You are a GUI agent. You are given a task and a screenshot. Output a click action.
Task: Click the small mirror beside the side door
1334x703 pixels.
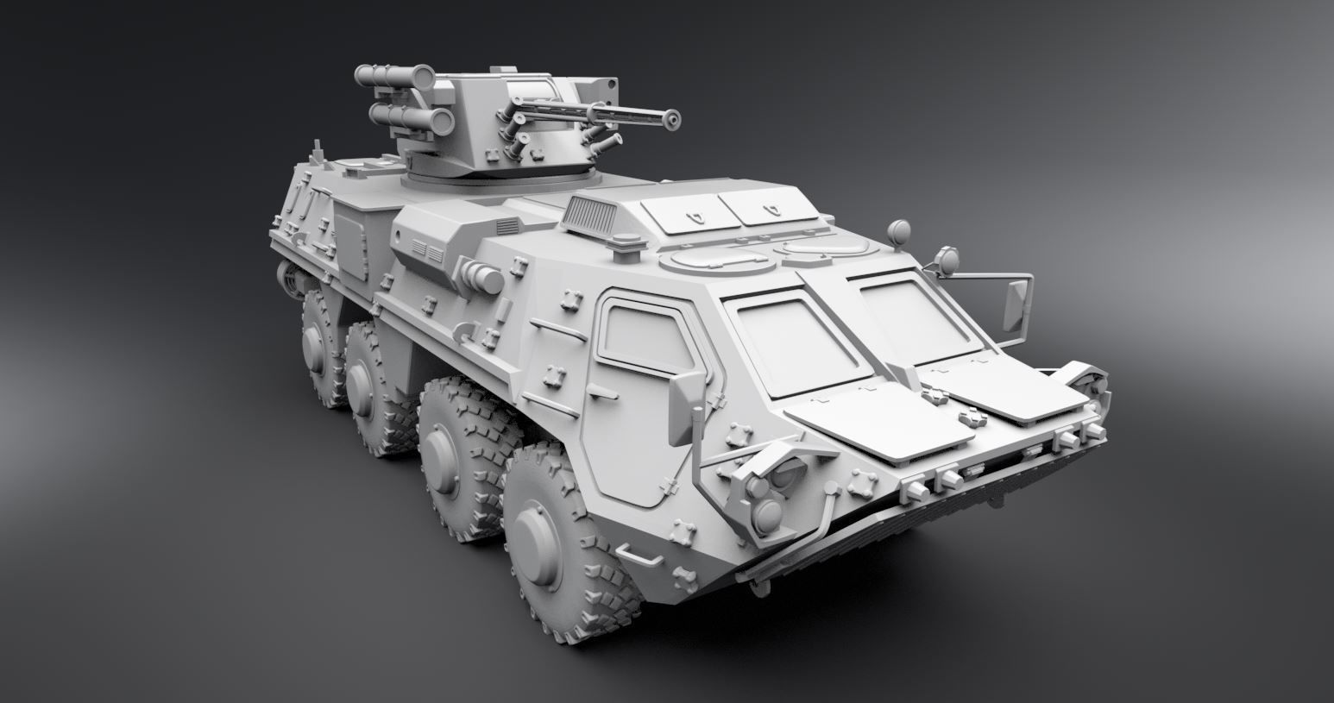click(x=682, y=410)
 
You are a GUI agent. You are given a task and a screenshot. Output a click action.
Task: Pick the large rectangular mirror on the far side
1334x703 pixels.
click(x=1017, y=302)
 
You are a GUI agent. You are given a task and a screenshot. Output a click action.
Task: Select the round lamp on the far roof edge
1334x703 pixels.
click(x=900, y=229)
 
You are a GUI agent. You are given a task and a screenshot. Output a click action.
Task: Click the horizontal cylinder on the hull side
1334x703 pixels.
click(x=480, y=278)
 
